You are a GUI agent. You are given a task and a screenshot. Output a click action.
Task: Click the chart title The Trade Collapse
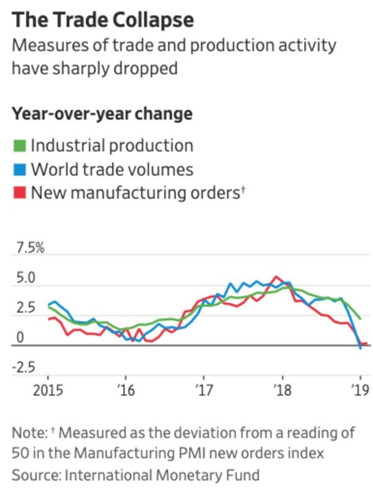(x=103, y=20)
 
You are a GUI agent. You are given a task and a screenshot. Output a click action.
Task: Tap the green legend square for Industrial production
(x=19, y=147)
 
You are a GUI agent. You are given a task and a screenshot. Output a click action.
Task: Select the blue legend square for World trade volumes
(x=19, y=170)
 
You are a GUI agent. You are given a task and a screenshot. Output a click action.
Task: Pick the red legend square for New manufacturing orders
(x=19, y=193)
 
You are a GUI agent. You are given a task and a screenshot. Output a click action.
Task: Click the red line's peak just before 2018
(x=276, y=276)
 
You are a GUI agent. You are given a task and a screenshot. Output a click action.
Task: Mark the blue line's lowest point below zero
(x=361, y=348)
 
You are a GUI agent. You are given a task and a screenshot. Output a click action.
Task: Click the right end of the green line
(x=361, y=319)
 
